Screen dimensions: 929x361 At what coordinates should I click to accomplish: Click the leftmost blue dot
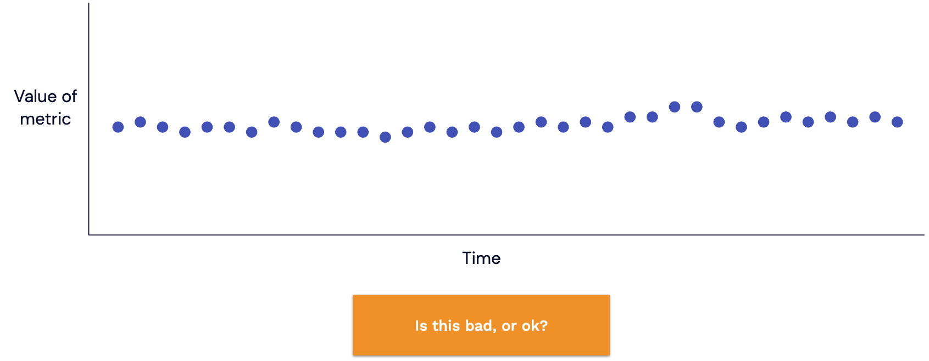118,127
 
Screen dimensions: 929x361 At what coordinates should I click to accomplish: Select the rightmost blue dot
897,122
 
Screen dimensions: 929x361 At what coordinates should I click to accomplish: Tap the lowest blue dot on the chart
385,137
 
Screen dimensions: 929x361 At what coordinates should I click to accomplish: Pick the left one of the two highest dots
675,107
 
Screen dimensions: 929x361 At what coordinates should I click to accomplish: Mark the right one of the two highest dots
697,107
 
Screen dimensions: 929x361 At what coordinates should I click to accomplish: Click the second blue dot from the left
140,122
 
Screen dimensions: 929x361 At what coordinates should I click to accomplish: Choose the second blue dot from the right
875,117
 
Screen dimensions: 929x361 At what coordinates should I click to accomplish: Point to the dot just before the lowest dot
363,132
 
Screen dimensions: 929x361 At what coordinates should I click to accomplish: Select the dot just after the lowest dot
408,132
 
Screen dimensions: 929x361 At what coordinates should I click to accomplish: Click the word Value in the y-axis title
36,97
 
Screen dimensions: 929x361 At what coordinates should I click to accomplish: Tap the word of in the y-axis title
69,97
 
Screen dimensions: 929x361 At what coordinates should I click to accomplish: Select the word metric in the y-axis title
46,119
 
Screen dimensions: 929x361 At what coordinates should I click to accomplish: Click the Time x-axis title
481,258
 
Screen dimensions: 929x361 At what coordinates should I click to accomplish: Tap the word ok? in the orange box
535,326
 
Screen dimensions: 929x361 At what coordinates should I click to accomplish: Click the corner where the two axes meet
89,235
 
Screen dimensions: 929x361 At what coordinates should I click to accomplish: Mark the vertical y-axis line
89,119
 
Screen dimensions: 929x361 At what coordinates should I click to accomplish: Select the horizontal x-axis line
507,235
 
